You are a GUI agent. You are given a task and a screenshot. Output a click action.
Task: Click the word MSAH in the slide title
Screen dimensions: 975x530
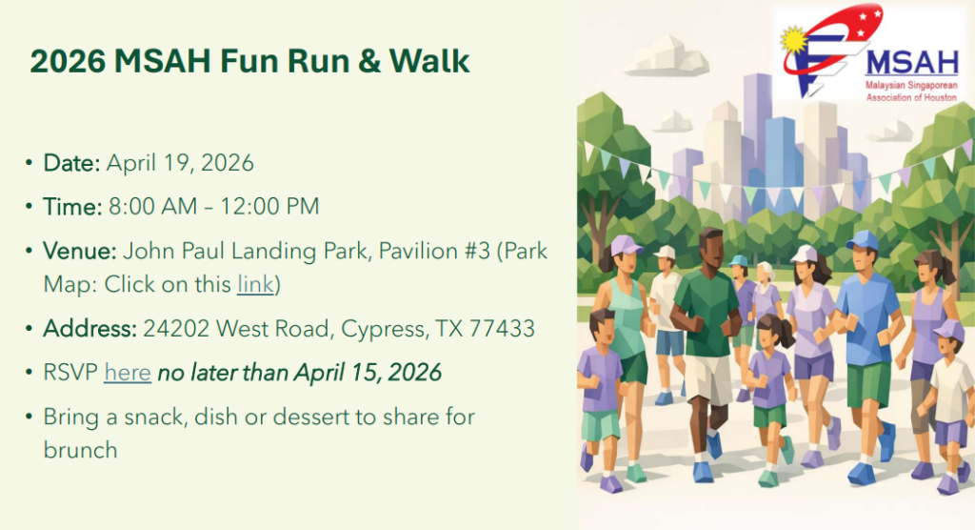pyautogui.click(x=163, y=61)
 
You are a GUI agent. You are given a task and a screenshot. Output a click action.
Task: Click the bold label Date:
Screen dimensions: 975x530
pyautogui.click(x=71, y=163)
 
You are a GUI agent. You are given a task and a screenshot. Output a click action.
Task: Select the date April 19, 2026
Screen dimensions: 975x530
pyautogui.click(x=180, y=163)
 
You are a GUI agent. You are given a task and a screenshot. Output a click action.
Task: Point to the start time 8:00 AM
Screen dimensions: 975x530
pyautogui.click(x=152, y=207)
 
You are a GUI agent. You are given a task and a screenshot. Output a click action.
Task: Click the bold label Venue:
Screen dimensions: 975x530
pyautogui.click(x=80, y=251)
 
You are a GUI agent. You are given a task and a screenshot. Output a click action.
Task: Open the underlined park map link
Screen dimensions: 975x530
pyautogui.click(x=255, y=284)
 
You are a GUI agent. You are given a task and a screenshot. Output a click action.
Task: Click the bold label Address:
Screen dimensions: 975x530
pyautogui.click(x=90, y=328)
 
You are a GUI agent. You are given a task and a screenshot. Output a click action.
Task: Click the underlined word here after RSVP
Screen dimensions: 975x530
pyautogui.click(x=128, y=373)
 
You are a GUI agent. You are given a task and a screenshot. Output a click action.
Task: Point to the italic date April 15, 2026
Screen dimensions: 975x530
pyautogui.click(x=368, y=373)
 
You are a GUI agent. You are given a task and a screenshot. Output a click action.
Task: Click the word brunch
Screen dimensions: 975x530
pyautogui.click(x=80, y=450)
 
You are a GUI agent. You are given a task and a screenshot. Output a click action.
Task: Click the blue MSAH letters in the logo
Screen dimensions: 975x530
pyautogui.click(x=912, y=63)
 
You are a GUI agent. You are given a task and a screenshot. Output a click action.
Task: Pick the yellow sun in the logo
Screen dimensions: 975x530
pyautogui.click(x=794, y=40)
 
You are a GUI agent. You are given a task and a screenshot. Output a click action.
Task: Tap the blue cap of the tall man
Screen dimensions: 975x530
pyautogui.click(x=861, y=240)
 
